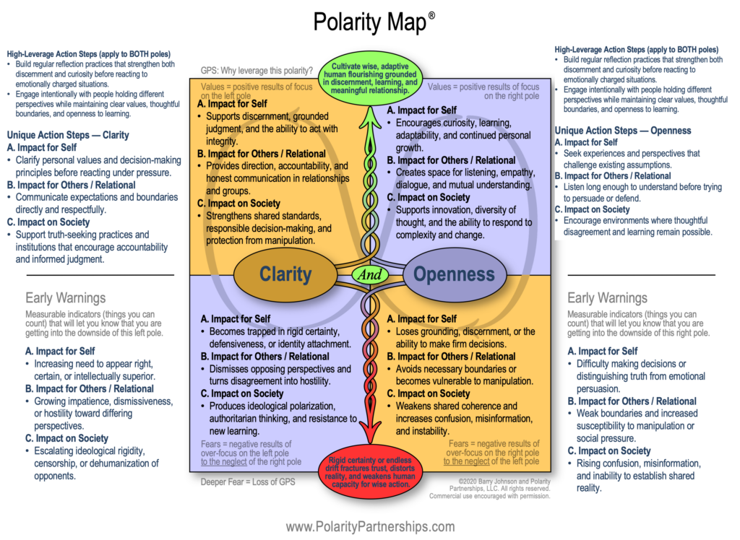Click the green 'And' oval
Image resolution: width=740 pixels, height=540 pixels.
click(370, 275)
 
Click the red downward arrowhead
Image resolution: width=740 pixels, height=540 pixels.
click(370, 446)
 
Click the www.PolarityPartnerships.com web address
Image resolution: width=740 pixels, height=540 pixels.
click(370, 526)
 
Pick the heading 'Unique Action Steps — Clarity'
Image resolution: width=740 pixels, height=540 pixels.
click(69, 134)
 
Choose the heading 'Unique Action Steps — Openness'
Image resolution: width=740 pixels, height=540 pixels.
click(623, 131)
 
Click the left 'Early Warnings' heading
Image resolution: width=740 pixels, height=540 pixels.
click(65, 297)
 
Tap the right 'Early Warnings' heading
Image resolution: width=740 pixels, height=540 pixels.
click(607, 297)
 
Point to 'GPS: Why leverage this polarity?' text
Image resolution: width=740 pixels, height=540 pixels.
click(257, 71)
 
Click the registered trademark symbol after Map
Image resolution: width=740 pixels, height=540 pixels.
click(431, 14)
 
